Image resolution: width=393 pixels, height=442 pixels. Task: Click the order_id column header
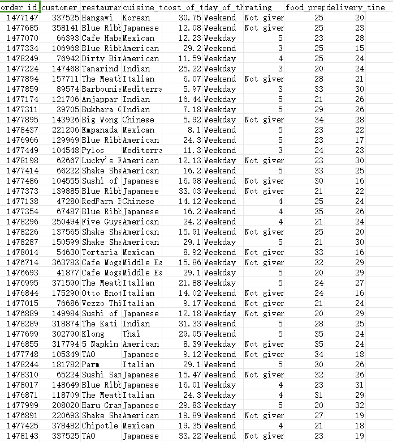[x=20, y=7]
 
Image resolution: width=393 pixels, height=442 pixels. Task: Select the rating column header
[x=264, y=7]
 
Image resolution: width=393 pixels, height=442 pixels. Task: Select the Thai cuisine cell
[x=131, y=334]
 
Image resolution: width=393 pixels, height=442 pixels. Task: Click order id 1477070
[x=22, y=38]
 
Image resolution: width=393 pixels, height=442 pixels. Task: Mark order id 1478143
[x=22, y=436]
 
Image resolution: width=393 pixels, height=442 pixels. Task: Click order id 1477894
[x=22, y=79]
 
